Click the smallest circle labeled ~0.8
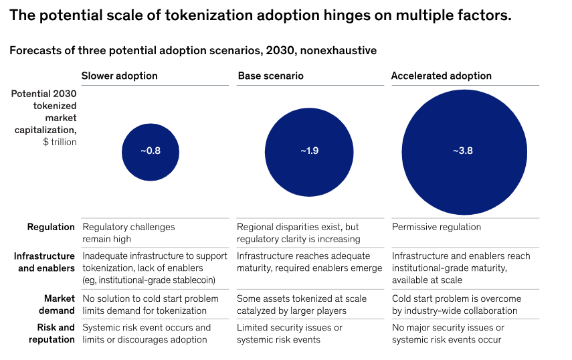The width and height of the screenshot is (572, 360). [x=151, y=151]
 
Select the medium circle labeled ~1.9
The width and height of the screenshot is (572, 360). [x=309, y=151]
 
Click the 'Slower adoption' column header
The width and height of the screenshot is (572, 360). [x=119, y=76]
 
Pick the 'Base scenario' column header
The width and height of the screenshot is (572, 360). [x=270, y=76]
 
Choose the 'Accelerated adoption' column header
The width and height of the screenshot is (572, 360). [x=441, y=76]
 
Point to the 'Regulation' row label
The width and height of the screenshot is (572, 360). [x=51, y=227]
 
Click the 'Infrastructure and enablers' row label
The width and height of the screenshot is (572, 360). [x=44, y=262]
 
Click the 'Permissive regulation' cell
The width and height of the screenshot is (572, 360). [x=436, y=227]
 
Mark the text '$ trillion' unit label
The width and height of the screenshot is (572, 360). [x=60, y=142]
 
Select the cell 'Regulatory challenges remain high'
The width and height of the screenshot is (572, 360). [x=128, y=233]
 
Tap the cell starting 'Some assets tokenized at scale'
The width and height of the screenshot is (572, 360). [x=301, y=304]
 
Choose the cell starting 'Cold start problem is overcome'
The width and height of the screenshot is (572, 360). [x=454, y=304]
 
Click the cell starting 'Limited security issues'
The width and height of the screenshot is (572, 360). [x=290, y=333]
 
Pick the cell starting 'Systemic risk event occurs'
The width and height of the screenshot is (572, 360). [x=146, y=333]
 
